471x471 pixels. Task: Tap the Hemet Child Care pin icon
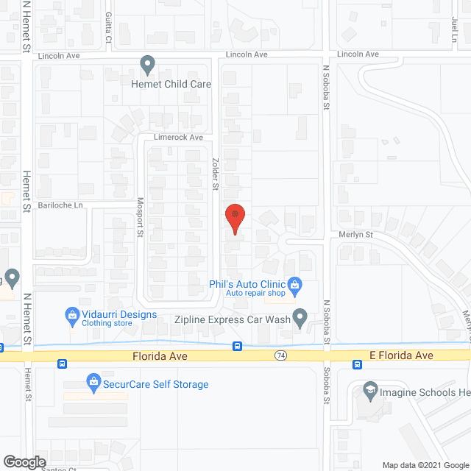(148, 65)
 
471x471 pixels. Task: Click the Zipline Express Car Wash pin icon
(300, 318)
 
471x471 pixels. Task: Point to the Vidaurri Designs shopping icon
(72, 315)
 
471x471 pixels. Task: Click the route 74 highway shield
(280, 355)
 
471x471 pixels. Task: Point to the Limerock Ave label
(177, 138)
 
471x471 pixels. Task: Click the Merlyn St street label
(358, 235)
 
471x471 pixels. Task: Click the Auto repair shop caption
(255, 293)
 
